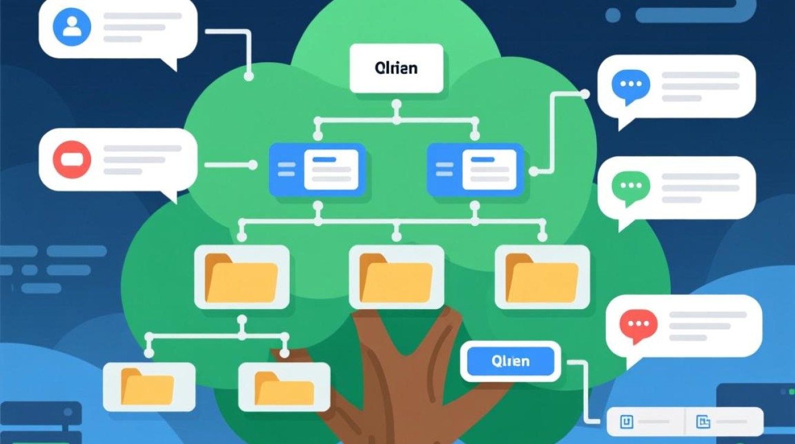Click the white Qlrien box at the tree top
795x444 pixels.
click(x=396, y=68)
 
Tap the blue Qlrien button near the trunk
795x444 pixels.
click(x=510, y=361)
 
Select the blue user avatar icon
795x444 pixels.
click(x=72, y=27)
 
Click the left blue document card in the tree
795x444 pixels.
click(x=317, y=169)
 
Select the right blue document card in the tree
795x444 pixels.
click(x=475, y=169)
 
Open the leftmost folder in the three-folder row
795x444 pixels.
click(x=241, y=277)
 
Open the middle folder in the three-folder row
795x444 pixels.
click(x=396, y=277)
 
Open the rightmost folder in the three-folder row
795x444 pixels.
click(x=542, y=277)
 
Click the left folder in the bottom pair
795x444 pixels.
click(x=148, y=387)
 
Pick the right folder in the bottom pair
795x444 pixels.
click(x=284, y=387)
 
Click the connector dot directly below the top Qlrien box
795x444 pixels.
click(x=396, y=105)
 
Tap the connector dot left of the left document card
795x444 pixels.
click(x=253, y=165)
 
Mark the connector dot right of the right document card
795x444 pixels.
click(x=533, y=171)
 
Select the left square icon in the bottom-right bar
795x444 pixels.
click(x=626, y=422)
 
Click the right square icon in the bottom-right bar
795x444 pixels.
click(x=703, y=422)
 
